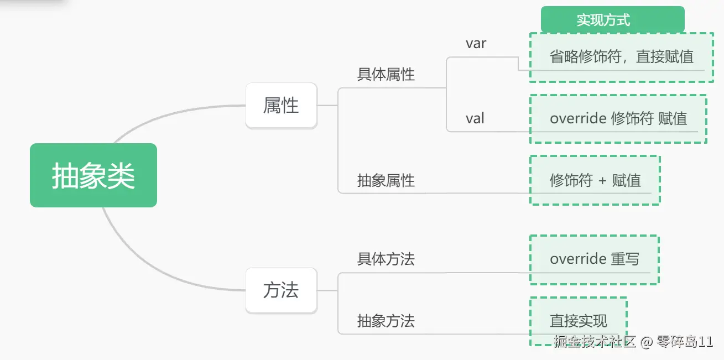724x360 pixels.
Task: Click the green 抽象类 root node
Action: point(93,175)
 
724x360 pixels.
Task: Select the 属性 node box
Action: point(281,105)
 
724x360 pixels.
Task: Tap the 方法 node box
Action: point(281,290)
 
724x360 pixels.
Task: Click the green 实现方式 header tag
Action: point(612,20)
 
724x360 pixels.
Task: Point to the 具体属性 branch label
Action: point(386,75)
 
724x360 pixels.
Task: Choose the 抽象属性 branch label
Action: point(386,180)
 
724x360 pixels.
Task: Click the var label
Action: point(476,44)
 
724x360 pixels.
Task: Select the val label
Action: point(475,118)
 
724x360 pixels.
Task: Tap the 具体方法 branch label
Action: point(386,259)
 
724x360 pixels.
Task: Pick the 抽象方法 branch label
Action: point(386,321)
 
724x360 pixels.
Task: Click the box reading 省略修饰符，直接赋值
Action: point(621,57)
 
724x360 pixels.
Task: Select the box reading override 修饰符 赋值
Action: point(618,118)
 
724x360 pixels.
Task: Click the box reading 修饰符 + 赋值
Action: point(595,180)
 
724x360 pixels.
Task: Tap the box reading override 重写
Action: point(594,259)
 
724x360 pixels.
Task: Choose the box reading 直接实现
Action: point(578,320)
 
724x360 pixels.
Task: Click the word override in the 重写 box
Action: point(578,259)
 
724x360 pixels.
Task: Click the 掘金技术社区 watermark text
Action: point(595,342)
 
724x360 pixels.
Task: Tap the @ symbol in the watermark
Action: point(647,342)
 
